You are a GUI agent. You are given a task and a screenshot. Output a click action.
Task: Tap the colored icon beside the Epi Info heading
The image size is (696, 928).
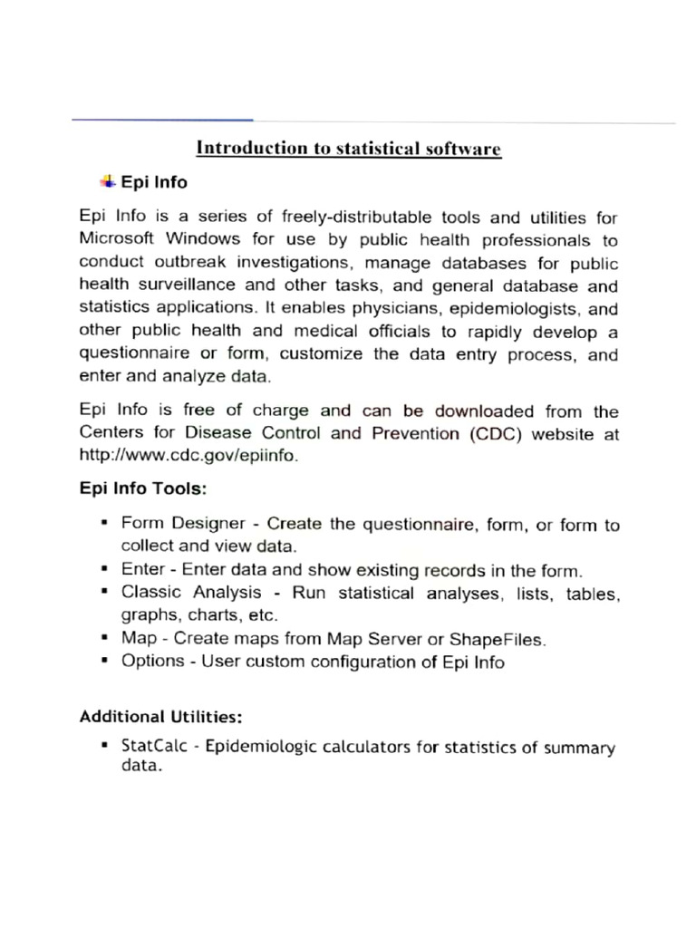point(108,181)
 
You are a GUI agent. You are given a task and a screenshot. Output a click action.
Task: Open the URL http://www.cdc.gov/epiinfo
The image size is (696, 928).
point(188,455)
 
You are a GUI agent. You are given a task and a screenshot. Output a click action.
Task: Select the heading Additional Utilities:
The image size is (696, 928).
point(160,717)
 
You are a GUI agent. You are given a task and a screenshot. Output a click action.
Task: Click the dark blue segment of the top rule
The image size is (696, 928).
point(163,120)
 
